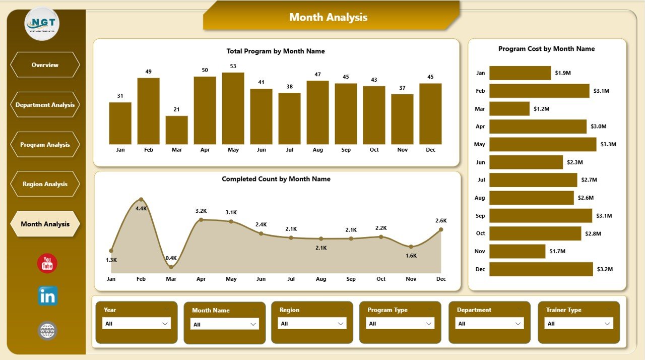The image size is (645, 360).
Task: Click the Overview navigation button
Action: coord(45,65)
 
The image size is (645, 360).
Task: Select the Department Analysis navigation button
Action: coord(45,105)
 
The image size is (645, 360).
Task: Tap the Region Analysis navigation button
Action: coord(45,184)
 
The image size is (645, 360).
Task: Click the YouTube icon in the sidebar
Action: coord(47,264)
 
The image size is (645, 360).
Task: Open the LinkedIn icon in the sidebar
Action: coord(48,296)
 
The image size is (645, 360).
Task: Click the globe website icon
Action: coord(47,331)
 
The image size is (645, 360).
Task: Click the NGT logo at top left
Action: coord(42,24)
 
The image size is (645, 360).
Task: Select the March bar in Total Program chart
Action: coord(176,130)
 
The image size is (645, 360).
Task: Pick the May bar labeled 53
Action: coord(233,108)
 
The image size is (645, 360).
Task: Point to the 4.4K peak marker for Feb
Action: coord(141,200)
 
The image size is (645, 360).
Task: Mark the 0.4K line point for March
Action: coord(171,267)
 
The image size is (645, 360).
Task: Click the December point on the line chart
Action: coord(441,229)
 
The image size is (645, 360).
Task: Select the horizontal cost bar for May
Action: coord(543,144)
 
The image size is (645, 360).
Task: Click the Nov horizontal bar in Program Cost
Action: coord(517,251)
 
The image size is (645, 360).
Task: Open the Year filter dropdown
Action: coord(137,324)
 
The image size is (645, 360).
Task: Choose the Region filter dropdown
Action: coord(313,324)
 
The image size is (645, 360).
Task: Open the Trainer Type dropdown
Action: coord(579,324)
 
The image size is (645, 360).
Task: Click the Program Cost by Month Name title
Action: coord(546,49)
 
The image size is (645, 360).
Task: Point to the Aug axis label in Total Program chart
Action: coord(317,150)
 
